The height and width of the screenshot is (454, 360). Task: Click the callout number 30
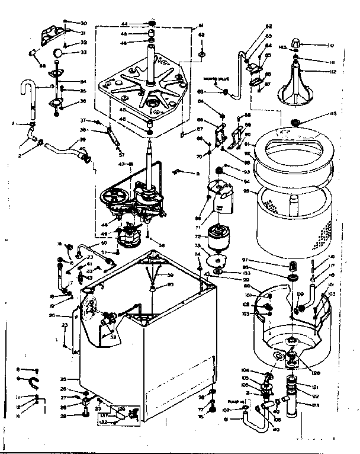pyautogui.click(x=83, y=22)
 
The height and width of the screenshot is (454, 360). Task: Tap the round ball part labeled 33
pyautogui.click(x=57, y=53)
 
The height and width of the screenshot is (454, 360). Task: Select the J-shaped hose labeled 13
pyautogui.click(x=30, y=91)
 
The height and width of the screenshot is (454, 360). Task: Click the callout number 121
pyautogui.click(x=315, y=386)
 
